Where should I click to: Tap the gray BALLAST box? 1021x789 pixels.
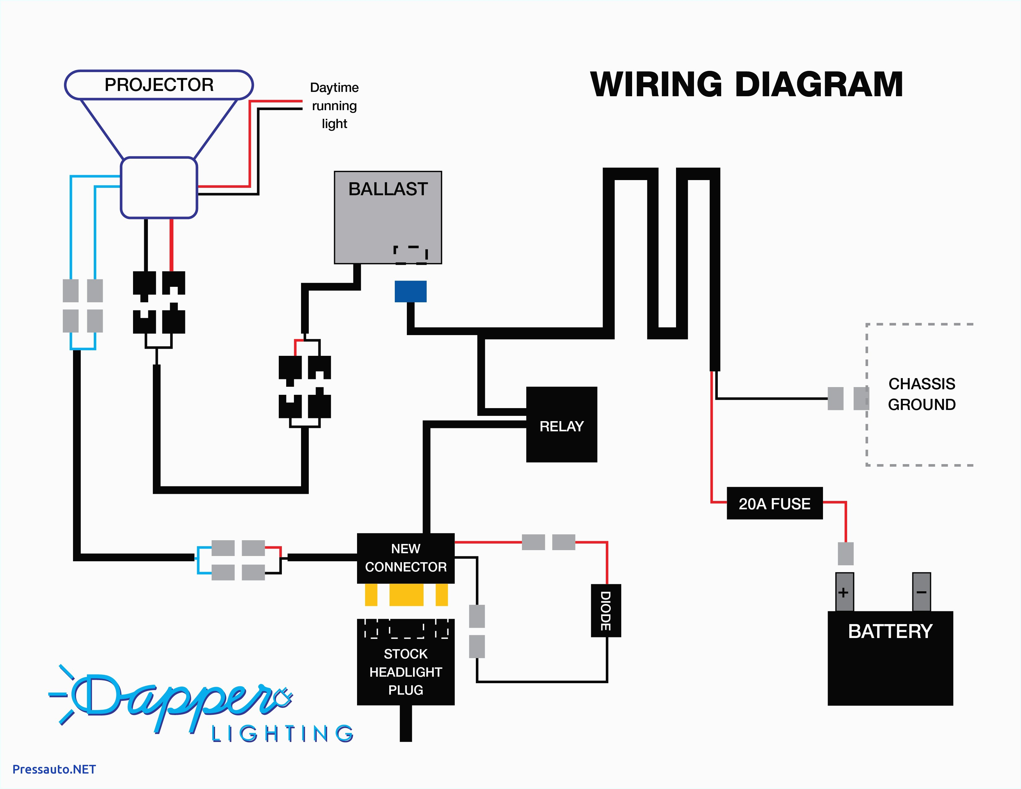click(388, 217)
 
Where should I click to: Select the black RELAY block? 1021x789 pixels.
click(562, 425)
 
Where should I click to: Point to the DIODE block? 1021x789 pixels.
click(606, 610)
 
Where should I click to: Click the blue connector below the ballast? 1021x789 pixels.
click(411, 291)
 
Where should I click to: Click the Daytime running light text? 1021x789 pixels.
click(334, 106)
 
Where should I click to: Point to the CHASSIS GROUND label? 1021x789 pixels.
click(921, 394)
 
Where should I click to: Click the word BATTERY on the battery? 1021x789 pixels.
click(890, 632)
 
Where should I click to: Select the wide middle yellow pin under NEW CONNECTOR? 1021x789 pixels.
click(406, 595)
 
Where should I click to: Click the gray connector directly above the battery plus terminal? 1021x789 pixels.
click(845, 554)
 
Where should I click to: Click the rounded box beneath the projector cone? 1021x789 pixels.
click(159, 188)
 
